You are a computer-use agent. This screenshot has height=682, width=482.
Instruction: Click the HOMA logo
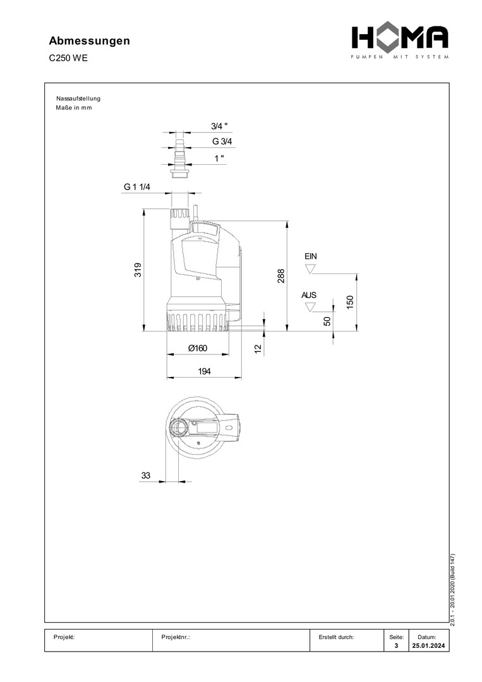pyautogui.click(x=400, y=42)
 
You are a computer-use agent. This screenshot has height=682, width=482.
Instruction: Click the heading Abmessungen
pyautogui.click(x=89, y=41)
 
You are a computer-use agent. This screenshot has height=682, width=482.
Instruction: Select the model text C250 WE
pyautogui.click(x=68, y=58)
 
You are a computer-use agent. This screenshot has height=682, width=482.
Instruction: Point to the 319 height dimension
pyautogui.click(x=138, y=270)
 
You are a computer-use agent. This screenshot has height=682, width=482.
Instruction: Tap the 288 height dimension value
pyautogui.click(x=281, y=276)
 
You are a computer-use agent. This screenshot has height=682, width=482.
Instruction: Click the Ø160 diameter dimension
pyautogui.click(x=198, y=348)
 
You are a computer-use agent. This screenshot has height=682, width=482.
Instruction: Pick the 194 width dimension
pyautogui.click(x=204, y=371)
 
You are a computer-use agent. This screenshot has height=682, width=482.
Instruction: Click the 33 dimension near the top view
pyautogui.click(x=146, y=476)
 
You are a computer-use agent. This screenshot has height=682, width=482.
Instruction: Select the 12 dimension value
pyautogui.click(x=258, y=349)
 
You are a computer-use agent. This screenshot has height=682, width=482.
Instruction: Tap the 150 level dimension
pyautogui.click(x=350, y=302)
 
